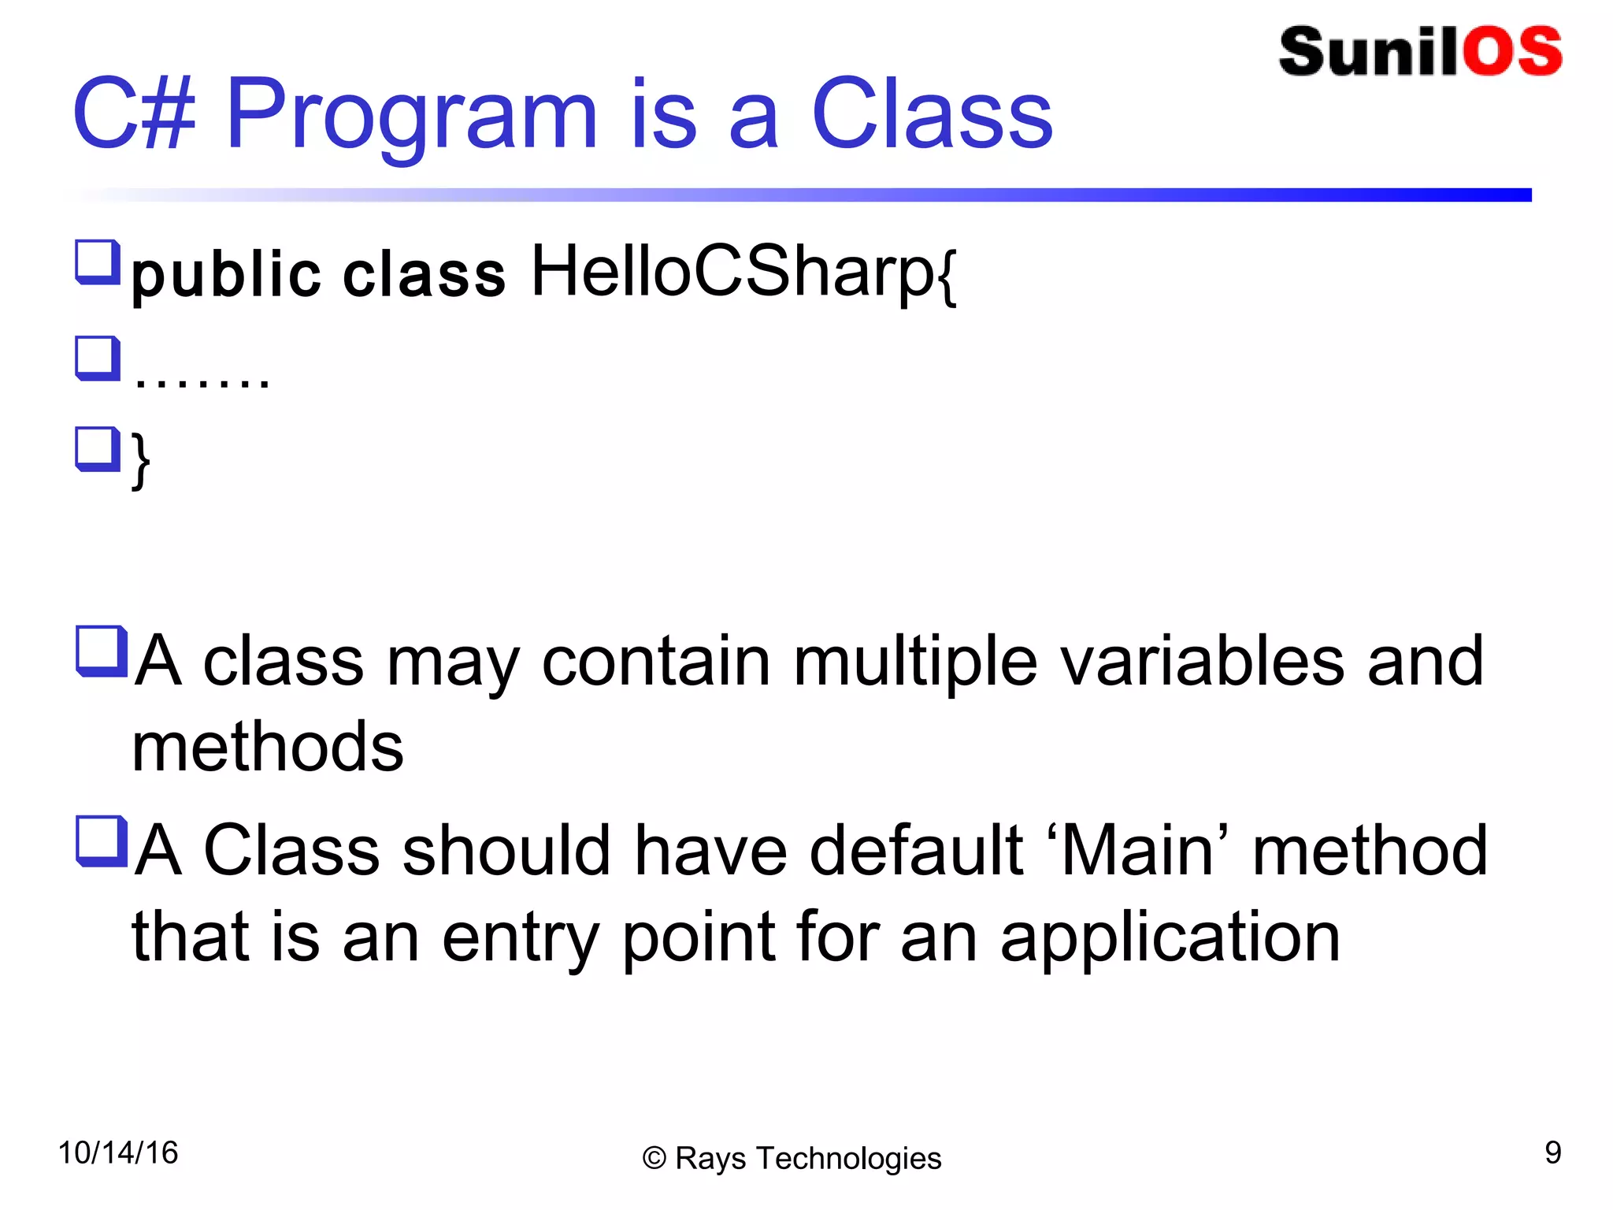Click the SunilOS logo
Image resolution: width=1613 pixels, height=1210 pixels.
[x=1419, y=51]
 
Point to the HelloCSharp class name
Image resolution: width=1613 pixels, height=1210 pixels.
[x=743, y=272]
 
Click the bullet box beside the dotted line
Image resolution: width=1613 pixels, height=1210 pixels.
[x=98, y=358]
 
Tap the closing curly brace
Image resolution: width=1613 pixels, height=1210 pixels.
[x=141, y=461]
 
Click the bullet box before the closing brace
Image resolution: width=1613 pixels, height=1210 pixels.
[x=98, y=449]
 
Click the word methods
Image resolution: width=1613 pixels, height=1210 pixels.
[x=268, y=747]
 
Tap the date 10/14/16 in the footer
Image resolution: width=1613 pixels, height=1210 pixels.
[x=118, y=1153]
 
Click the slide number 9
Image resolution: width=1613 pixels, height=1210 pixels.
[x=1552, y=1153]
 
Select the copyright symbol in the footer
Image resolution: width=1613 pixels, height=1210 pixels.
[x=654, y=1159]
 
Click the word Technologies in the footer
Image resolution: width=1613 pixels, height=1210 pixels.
[x=848, y=1159]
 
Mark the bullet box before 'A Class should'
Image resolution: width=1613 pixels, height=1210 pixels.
[x=101, y=841]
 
